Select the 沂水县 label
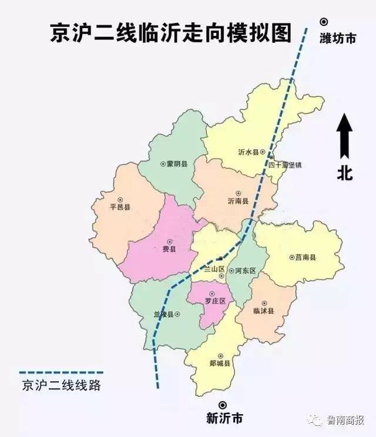click(247, 153)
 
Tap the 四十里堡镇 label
click(285, 165)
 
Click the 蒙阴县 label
click(177, 164)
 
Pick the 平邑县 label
click(120, 207)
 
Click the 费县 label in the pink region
click(169, 249)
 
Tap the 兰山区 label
click(214, 270)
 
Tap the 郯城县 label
click(220, 364)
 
